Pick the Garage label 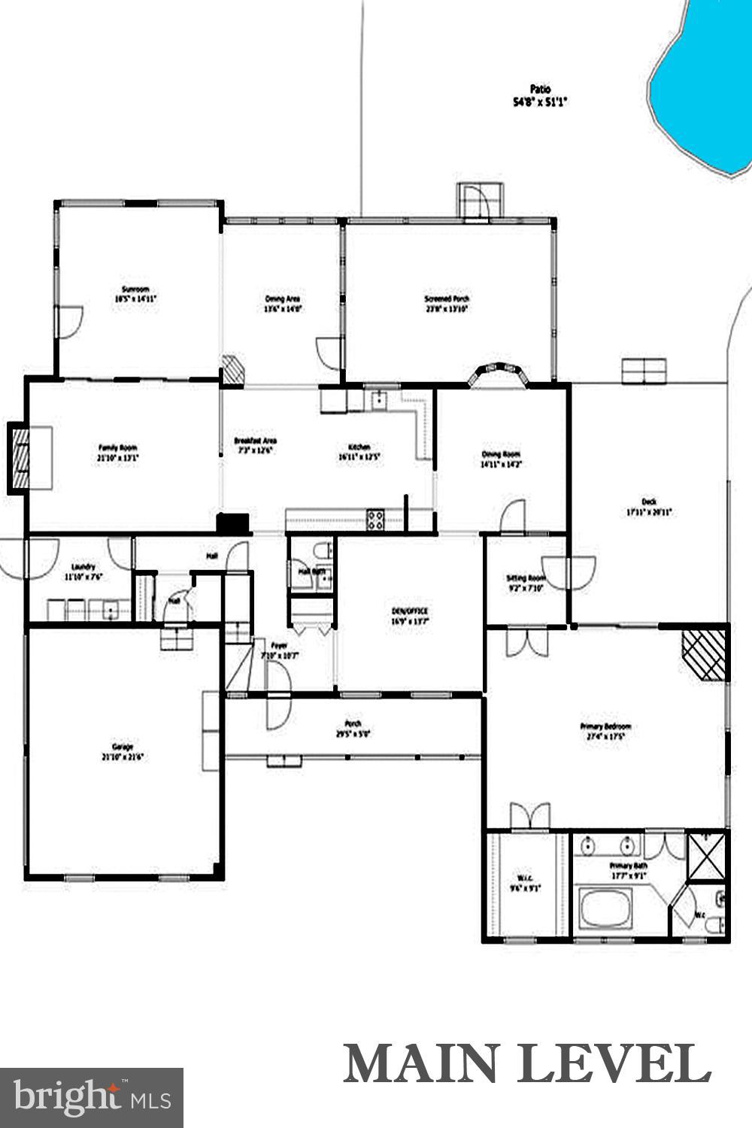(x=123, y=747)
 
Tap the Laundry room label (x=83, y=567)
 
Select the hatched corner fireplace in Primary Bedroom (x=704, y=653)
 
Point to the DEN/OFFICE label (x=409, y=611)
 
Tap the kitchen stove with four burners (x=375, y=519)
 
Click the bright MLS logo (x=92, y=1097)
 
